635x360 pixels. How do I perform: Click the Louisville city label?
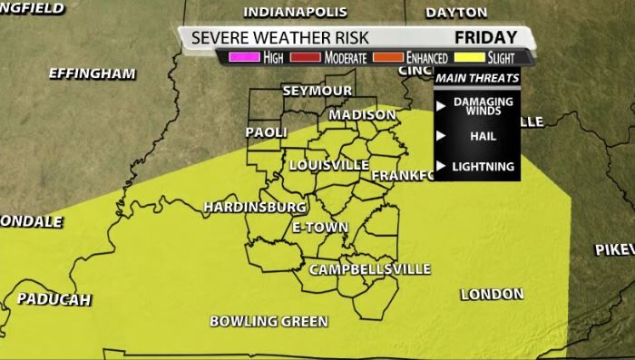(x=328, y=165)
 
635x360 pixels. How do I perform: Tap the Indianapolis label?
(x=296, y=12)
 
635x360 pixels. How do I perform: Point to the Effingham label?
(x=93, y=73)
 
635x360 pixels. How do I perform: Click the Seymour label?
(x=317, y=92)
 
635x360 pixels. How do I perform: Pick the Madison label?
(x=362, y=115)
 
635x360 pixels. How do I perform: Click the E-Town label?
(x=319, y=227)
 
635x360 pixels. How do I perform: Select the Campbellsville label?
(x=369, y=270)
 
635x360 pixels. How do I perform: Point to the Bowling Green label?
(x=269, y=321)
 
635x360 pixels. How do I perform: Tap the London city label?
(x=492, y=294)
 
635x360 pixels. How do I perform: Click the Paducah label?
(x=54, y=299)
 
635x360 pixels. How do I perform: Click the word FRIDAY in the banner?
(x=485, y=37)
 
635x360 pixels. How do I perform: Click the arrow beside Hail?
(x=441, y=136)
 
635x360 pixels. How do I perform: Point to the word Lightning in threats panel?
(x=484, y=166)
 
